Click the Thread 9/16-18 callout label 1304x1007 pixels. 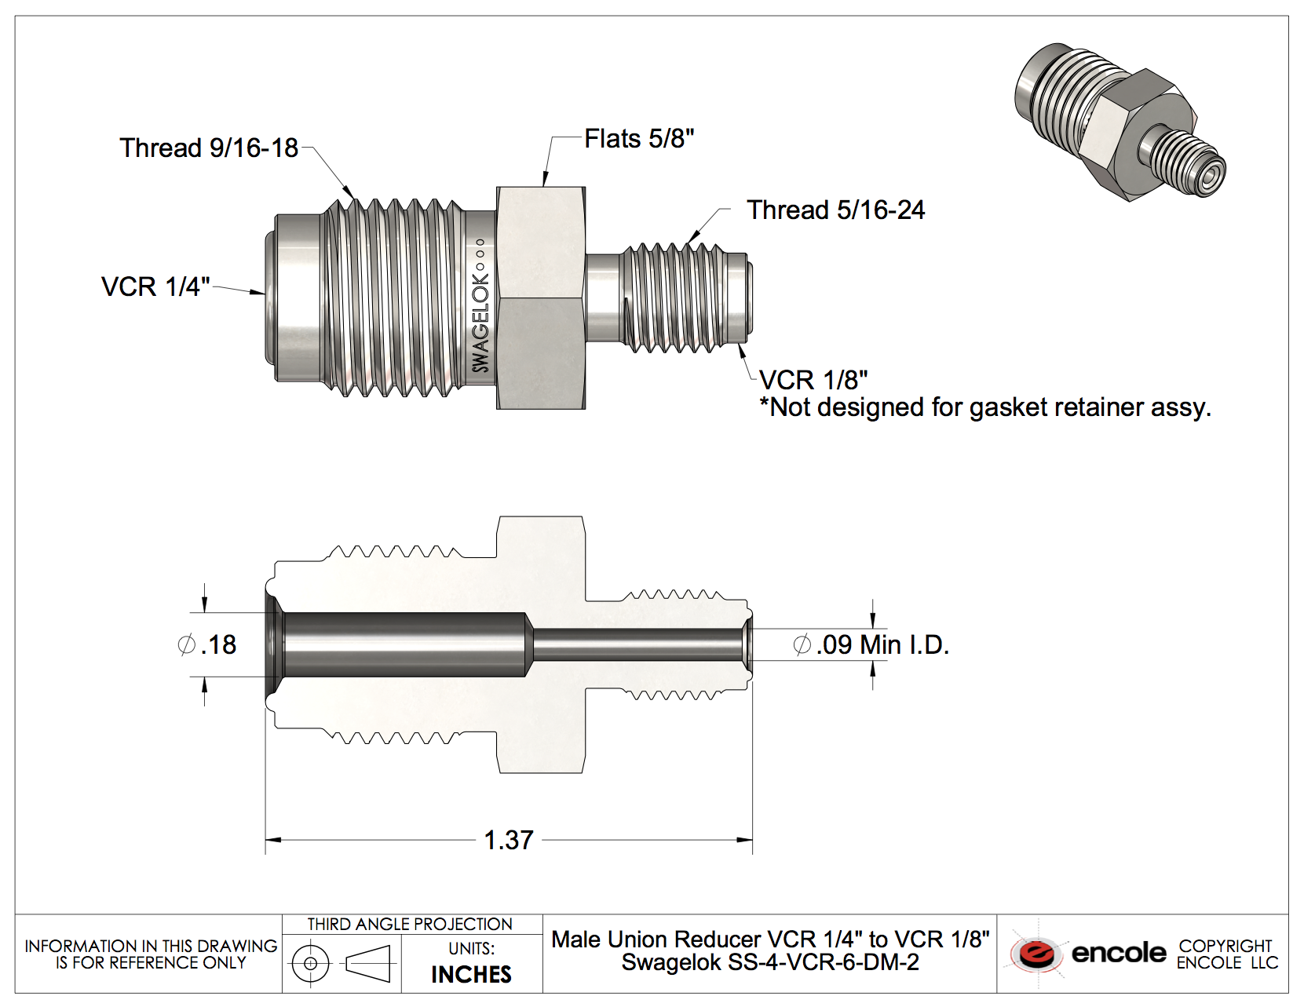[209, 148]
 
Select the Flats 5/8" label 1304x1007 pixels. [639, 139]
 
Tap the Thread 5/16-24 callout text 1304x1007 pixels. [835, 210]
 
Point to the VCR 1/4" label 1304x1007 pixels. [155, 286]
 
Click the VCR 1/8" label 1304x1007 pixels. [813, 381]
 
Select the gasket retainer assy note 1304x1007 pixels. [985, 407]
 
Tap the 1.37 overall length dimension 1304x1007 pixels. [509, 840]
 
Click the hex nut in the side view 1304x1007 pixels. [541, 298]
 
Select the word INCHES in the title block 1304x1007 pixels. [471, 974]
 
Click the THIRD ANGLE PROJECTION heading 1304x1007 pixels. [410, 925]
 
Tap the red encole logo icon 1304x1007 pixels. [1036, 954]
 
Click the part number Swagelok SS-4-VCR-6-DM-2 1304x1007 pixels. [769, 963]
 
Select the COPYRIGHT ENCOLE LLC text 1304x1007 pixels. [1226, 954]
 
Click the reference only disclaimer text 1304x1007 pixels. [150, 954]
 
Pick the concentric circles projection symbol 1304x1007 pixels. [311, 963]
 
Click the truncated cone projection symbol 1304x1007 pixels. [368, 963]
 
